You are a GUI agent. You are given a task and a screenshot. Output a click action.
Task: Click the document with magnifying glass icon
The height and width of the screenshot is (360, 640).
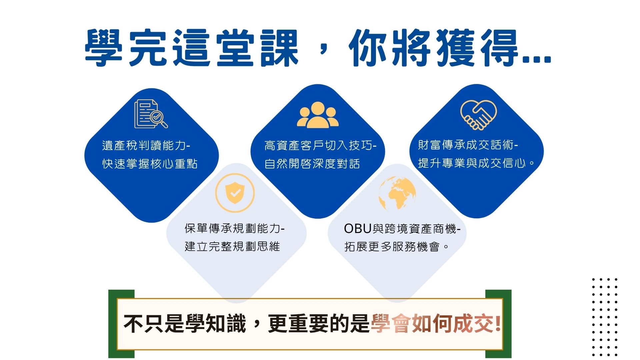pos(151,114)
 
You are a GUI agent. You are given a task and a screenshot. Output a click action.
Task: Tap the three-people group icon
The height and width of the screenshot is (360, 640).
pos(318,115)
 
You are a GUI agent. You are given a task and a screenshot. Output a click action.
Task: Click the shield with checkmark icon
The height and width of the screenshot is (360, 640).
pos(235,193)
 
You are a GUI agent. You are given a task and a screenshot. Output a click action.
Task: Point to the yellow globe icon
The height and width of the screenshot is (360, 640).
pos(397,193)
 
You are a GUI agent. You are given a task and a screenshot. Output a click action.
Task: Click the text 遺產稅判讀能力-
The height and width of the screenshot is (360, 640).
pos(146,146)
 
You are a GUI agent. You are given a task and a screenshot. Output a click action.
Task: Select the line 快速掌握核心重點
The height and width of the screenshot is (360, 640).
pos(150,164)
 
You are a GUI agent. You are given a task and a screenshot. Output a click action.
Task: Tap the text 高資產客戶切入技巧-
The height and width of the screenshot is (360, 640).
pos(320,146)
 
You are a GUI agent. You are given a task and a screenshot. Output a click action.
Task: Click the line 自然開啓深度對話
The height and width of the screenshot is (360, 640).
pos(312,164)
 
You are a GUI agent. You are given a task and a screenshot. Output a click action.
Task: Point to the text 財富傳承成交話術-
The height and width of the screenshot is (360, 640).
pos(468,145)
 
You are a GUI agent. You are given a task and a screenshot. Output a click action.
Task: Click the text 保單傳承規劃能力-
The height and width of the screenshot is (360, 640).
pos(235,228)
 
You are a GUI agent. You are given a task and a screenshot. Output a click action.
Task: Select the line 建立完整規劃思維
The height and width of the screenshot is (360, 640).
pos(232,246)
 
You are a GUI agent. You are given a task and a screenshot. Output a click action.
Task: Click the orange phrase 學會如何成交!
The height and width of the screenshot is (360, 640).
pos(436,323)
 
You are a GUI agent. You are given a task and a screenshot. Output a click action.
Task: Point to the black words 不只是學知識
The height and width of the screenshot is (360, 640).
pos(185,323)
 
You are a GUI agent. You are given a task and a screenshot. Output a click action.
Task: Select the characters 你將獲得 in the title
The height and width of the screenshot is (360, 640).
pos(433,47)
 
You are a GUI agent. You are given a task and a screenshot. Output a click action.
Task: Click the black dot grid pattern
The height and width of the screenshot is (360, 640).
pos(605,317)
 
